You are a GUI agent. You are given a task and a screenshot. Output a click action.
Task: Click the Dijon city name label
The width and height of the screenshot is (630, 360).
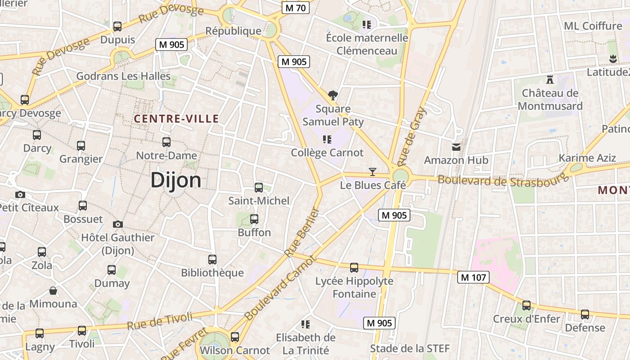click(176, 180)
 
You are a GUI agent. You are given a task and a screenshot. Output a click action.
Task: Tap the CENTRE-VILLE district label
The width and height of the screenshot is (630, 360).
click(176, 119)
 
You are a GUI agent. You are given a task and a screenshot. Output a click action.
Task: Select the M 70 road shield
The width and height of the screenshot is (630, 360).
click(296, 8)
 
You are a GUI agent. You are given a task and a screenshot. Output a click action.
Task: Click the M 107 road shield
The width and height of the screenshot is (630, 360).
click(473, 277)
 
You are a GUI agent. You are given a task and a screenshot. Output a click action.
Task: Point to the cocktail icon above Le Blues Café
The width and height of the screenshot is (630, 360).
click(373, 171)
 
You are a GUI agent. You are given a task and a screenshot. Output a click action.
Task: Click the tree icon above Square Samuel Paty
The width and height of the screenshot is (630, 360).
click(333, 95)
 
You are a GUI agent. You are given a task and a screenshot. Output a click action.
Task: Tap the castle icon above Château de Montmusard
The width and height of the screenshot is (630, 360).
click(549, 79)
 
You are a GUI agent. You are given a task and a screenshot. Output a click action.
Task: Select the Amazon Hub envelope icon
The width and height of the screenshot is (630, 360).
click(456, 147)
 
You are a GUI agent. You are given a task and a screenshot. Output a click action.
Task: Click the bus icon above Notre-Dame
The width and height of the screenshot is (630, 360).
click(166, 142)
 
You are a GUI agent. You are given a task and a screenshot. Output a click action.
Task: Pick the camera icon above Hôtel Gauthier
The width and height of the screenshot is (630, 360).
click(118, 224)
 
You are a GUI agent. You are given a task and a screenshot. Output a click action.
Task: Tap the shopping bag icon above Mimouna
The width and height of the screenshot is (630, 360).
click(53, 291)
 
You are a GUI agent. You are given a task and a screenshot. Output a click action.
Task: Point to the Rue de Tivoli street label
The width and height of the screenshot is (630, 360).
click(160, 321)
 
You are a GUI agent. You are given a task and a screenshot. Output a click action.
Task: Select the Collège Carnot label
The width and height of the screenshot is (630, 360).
click(327, 153)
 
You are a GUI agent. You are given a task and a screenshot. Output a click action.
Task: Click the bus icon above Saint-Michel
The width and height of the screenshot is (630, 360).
click(259, 187)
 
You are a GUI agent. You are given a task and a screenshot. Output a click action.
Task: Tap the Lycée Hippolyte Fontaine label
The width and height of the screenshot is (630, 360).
click(354, 288)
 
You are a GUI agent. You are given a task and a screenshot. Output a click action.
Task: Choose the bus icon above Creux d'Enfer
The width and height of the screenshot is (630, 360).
click(526, 306)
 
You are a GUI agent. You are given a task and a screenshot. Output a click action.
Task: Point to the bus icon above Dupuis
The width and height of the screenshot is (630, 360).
click(117, 27)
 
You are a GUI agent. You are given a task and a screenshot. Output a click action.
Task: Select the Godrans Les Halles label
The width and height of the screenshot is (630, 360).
click(123, 76)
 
